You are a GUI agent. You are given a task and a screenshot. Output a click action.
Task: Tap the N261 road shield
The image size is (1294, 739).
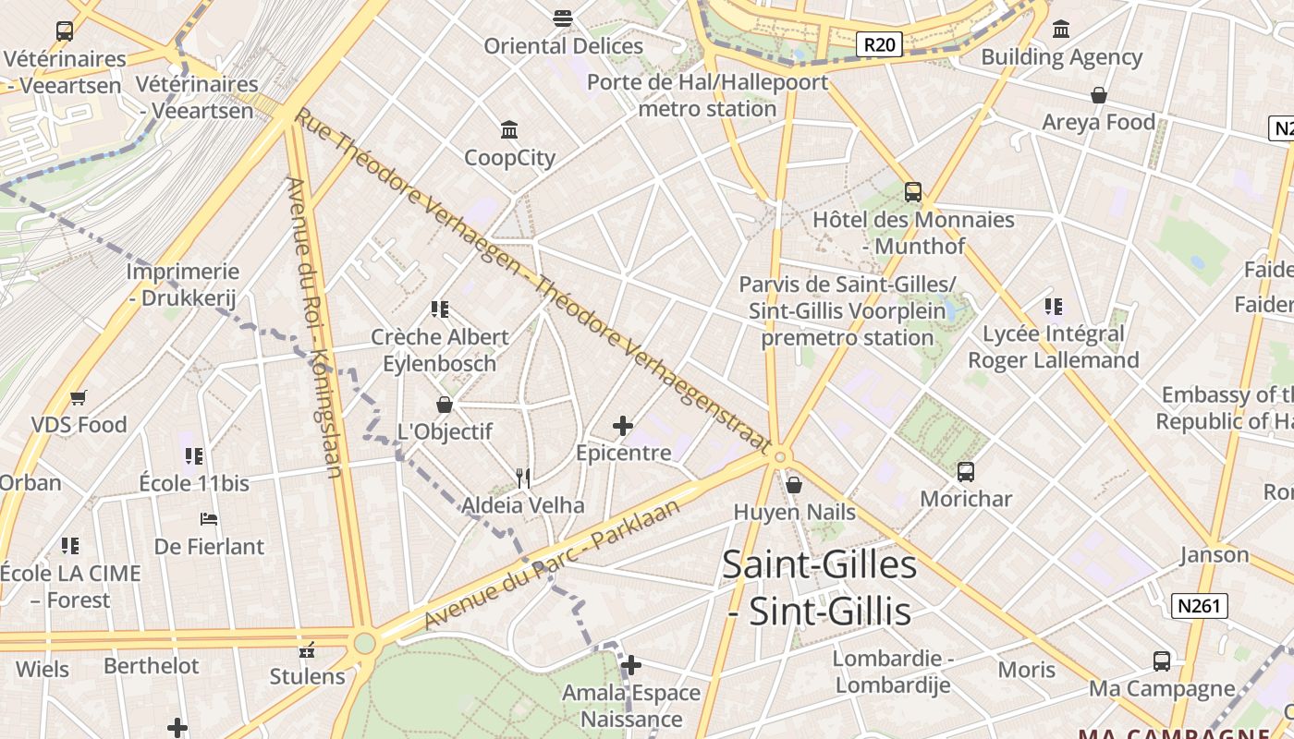1199,606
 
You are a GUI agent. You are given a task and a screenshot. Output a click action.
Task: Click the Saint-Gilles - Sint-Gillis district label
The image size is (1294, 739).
819,588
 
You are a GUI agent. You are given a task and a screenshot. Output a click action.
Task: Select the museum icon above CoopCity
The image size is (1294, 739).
509,128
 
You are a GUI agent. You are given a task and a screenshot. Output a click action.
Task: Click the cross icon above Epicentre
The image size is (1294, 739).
623,425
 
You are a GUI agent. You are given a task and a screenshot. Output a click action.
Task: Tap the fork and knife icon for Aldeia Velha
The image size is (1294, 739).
523,478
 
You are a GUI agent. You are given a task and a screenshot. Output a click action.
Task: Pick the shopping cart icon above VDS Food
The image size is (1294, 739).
79,398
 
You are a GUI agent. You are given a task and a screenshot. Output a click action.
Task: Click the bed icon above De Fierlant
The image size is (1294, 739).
209,519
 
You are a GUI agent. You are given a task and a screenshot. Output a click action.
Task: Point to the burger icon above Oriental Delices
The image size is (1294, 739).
563,18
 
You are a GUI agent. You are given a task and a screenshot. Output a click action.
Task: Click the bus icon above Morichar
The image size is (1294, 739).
966,471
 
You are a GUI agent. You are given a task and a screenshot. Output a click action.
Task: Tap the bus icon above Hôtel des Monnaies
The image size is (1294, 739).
913,192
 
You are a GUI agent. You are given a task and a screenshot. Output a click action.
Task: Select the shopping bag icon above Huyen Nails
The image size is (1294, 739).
793,484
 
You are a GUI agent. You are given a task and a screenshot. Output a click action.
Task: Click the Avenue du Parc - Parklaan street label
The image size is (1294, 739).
552,564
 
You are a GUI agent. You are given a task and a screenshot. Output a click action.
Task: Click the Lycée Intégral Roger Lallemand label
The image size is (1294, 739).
1053,346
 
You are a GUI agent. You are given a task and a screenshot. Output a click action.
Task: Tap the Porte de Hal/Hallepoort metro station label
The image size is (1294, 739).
708,95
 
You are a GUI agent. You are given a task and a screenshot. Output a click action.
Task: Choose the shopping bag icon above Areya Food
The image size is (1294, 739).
1099,95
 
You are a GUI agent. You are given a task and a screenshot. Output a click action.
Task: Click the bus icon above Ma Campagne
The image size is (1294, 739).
1162,661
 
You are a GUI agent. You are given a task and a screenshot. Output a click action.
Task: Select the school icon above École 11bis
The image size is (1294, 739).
194,455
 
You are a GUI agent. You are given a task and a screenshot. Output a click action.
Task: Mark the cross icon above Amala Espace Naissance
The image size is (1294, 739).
631,665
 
